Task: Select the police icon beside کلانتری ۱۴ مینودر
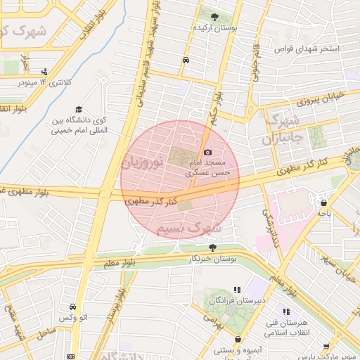pyautogui.click(x=46, y=71)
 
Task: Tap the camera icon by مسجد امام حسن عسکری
pyautogui.click(x=207, y=152)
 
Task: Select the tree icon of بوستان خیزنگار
pyautogui.click(x=212, y=247)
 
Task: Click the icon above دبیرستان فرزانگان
pyautogui.click(x=237, y=290)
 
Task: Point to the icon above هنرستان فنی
pyautogui.click(x=286, y=311)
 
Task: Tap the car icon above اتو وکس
pyautogui.click(x=73, y=307)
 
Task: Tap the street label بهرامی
pyautogui.click(x=212, y=319)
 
